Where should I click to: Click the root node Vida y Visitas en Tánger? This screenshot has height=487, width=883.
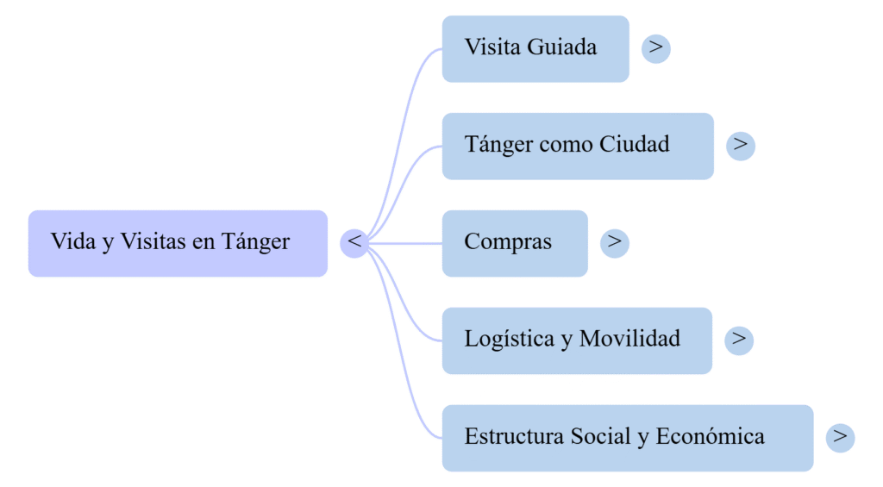click(x=178, y=243)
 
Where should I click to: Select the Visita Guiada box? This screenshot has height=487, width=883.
click(x=535, y=48)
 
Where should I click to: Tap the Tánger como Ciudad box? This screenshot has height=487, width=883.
click(x=578, y=145)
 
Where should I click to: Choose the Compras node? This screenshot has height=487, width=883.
click(x=515, y=242)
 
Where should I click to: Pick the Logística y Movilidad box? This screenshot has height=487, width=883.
click(x=577, y=340)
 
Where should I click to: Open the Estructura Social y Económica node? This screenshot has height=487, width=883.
click(x=627, y=437)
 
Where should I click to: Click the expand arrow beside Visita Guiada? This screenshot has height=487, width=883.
click(x=656, y=47)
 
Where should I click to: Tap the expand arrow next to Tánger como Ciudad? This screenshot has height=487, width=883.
click(x=741, y=145)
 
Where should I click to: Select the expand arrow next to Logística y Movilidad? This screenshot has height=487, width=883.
click(x=739, y=339)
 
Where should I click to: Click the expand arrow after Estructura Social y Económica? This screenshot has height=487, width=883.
click(x=840, y=437)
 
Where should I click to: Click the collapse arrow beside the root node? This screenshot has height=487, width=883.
click(x=354, y=242)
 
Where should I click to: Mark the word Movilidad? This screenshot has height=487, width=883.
click(x=629, y=339)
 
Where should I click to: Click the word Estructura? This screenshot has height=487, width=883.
click(x=514, y=437)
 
